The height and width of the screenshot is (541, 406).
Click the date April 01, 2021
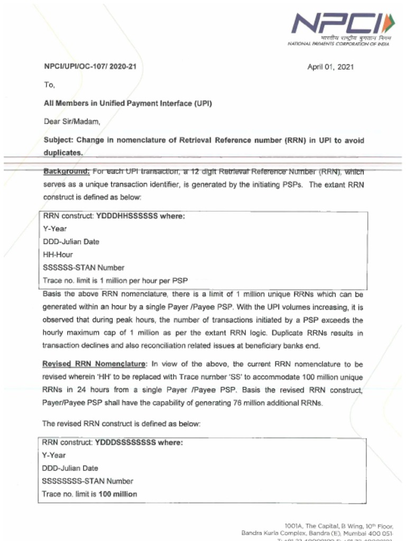click(330, 67)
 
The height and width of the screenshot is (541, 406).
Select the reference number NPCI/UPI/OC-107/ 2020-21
click(93, 67)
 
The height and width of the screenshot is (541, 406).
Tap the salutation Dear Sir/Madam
click(71, 122)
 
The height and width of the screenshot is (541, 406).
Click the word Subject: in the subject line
click(59, 140)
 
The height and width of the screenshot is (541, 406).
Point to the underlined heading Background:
click(67, 172)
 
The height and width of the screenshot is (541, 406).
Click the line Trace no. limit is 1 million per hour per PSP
click(115, 280)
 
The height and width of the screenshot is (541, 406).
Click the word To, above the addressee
click(49, 85)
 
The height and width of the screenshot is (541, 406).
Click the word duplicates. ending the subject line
click(63, 152)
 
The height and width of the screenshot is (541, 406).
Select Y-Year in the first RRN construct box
click(54, 229)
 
